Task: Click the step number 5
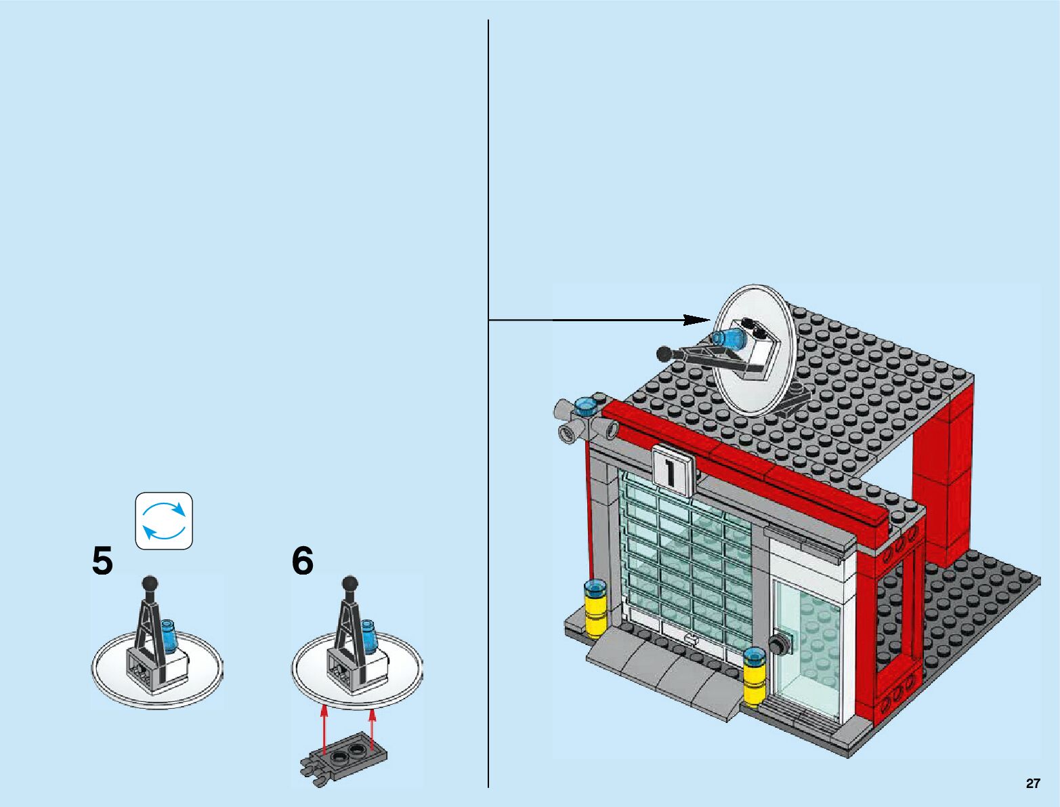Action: [102, 562]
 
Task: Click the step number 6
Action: [303, 562]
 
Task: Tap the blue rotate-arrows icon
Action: [164, 520]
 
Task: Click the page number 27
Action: [1032, 783]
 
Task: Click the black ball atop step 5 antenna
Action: [150, 583]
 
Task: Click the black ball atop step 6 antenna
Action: [349, 583]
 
